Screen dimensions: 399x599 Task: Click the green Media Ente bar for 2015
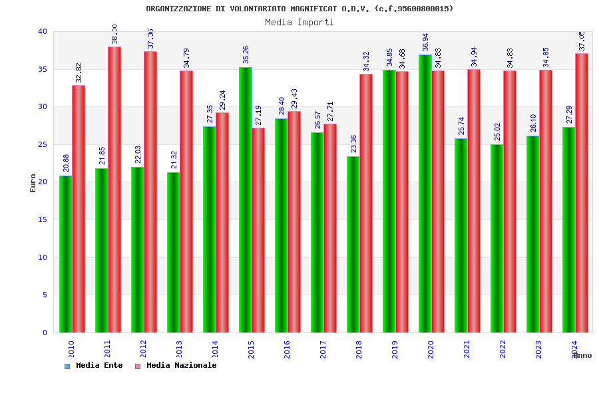point(245,199)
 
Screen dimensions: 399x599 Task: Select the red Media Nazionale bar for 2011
point(114,190)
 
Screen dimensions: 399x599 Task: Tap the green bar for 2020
point(425,194)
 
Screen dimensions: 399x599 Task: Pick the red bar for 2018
point(366,203)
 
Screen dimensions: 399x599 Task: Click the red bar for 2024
point(582,193)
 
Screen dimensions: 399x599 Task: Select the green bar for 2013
point(173,252)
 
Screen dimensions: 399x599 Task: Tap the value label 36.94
point(425,43)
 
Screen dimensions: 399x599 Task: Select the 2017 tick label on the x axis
point(323,349)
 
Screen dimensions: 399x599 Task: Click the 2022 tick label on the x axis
point(502,349)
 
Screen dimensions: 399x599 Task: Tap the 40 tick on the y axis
point(43,31)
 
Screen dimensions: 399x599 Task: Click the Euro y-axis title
point(33,183)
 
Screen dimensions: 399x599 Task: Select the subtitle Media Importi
point(299,22)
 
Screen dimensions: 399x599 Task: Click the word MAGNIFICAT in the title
point(313,9)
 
